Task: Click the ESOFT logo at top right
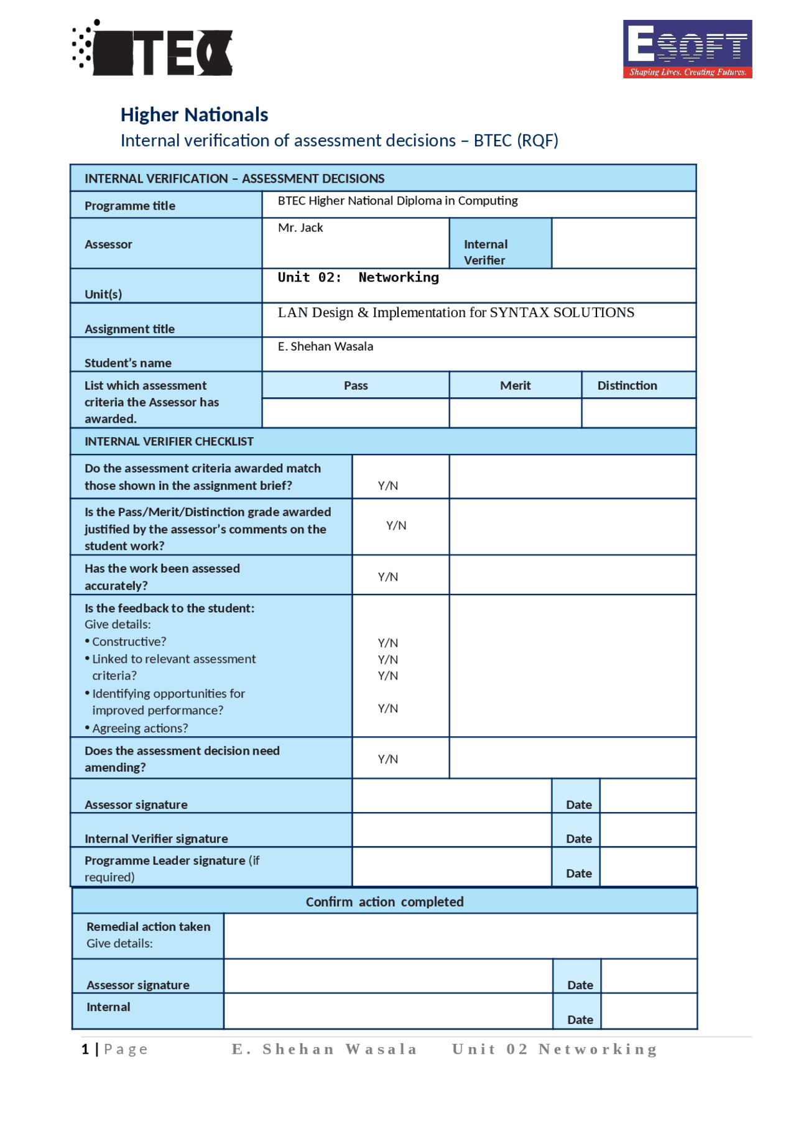(687, 48)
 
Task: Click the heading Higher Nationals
(194, 114)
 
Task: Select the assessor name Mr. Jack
(300, 228)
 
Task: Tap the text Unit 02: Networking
(358, 277)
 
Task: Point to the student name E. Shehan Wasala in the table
(325, 346)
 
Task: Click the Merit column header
(515, 385)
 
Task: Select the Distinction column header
(627, 385)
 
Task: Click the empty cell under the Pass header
(355, 413)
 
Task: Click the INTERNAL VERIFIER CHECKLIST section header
(169, 441)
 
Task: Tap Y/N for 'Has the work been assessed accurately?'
(388, 577)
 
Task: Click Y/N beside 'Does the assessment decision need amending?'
(388, 759)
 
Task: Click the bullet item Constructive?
(129, 642)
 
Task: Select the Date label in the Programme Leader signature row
(578, 874)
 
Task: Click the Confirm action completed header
(384, 902)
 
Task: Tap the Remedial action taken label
(148, 926)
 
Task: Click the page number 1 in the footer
(85, 1050)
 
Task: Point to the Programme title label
(130, 206)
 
